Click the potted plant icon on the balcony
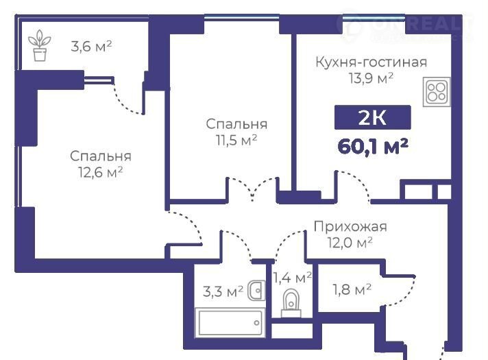tap(40, 45)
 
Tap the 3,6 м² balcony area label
tap(91, 47)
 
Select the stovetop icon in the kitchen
tap(437, 92)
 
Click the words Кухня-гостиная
tap(371, 62)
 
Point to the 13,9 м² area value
tap(371, 78)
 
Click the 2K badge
tap(373, 117)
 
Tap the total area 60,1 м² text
tap(373, 146)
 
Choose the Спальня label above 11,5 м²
tap(236, 124)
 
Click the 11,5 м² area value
tap(236, 140)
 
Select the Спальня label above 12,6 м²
tap(101, 156)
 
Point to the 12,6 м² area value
tap(100, 172)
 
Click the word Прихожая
tap(350, 226)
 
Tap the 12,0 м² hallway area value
tap(350, 242)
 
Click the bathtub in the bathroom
tap(230, 323)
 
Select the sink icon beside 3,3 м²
tap(256, 291)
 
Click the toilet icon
tap(291, 303)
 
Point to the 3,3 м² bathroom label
tap(223, 292)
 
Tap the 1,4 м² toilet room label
tap(292, 277)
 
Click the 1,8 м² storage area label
tap(352, 289)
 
